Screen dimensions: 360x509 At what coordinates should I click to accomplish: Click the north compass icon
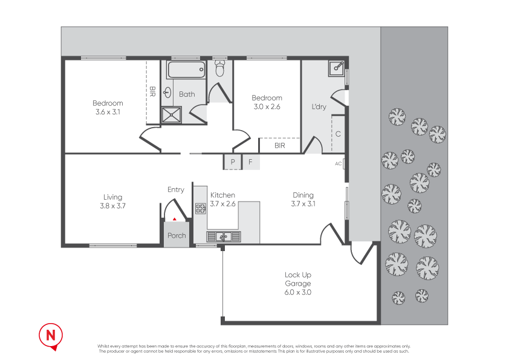click(51, 335)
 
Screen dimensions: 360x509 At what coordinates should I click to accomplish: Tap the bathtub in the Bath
click(186, 70)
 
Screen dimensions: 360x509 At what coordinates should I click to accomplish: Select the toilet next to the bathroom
click(219, 68)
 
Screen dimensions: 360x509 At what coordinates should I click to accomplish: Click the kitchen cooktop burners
click(201, 209)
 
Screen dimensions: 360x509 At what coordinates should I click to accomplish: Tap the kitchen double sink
click(224, 236)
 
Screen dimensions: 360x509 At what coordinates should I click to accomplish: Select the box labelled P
click(232, 162)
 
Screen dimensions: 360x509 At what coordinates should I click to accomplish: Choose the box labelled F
click(250, 162)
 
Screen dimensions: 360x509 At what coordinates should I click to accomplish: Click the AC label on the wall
click(339, 163)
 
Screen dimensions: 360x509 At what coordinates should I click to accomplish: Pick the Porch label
click(177, 236)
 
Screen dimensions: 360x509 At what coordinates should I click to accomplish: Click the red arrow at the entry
click(175, 218)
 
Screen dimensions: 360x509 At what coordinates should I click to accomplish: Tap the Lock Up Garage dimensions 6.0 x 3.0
click(298, 292)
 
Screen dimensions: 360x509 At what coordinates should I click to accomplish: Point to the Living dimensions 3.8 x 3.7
click(112, 206)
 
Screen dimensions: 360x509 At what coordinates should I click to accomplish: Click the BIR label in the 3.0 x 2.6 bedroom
click(279, 146)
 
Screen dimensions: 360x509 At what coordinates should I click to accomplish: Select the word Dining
click(303, 195)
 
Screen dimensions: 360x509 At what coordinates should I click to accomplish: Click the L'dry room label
click(319, 107)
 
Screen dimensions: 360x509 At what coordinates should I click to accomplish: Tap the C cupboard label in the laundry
click(338, 134)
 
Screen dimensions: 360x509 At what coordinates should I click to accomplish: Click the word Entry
click(176, 189)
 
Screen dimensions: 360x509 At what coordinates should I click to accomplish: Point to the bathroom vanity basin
click(167, 93)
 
